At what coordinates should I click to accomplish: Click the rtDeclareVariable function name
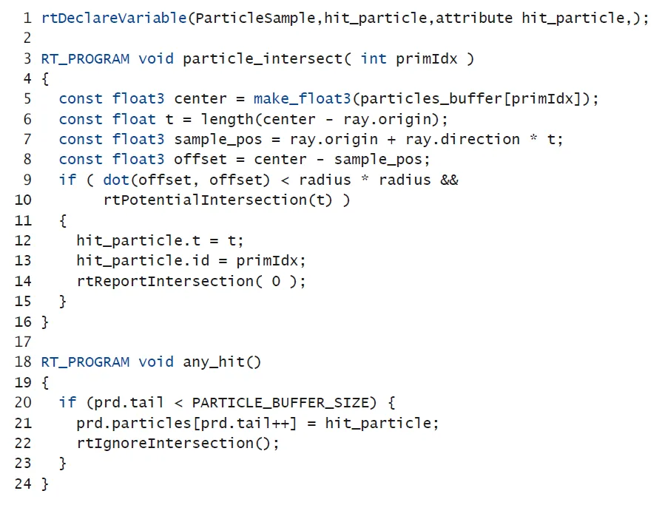click(x=114, y=18)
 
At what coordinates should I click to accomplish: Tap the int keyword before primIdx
click(x=374, y=58)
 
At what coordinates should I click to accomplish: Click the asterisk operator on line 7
click(x=534, y=139)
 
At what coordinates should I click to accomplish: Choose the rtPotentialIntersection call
click(x=209, y=200)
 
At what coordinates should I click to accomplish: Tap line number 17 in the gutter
click(x=23, y=342)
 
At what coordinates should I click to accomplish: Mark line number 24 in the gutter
click(x=23, y=484)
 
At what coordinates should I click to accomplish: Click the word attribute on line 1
click(x=474, y=18)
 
